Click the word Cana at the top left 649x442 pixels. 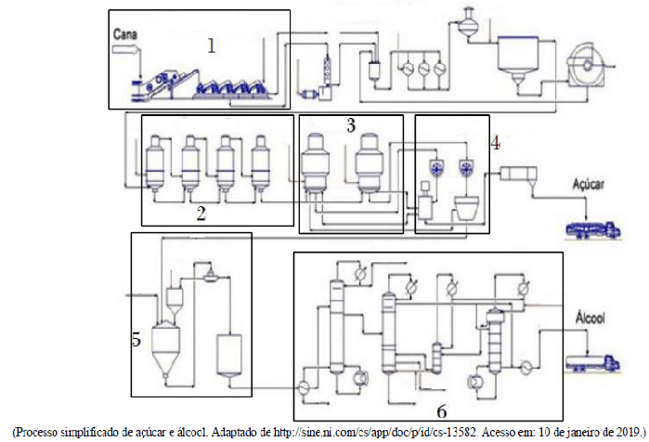click(x=126, y=34)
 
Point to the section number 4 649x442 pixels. click(x=495, y=143)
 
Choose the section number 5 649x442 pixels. click(x=136, y=340)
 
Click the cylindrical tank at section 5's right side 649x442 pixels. click(x=227, y=353)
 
